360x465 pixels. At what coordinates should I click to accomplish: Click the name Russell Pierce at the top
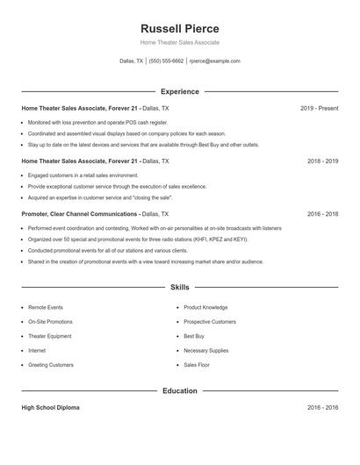click(179, 28)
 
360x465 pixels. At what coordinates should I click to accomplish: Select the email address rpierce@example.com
click(214, 61)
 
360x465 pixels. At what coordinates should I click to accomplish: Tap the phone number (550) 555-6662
click(166, 61)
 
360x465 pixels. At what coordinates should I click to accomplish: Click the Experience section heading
click(179, 91)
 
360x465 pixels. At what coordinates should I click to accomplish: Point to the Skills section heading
click(179, 287)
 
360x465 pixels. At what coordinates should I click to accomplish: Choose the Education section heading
click(179, 390)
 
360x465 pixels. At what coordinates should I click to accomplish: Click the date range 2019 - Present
click(319, 108)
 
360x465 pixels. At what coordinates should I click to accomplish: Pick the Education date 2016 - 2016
click(322, 408)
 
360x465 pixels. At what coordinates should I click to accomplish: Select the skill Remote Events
click(46, 308)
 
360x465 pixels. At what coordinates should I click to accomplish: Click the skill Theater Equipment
click(50, 336)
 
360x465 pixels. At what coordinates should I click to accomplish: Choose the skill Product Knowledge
click(205, 308)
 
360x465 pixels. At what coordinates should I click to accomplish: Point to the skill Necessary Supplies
click(205, 350)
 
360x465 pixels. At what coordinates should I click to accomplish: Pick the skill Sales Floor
click(197, 364)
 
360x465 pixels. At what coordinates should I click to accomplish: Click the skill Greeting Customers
click(51, 364)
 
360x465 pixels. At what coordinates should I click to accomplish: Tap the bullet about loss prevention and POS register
click(97, 123)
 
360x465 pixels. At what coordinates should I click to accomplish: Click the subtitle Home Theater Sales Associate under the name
click(179, 42)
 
